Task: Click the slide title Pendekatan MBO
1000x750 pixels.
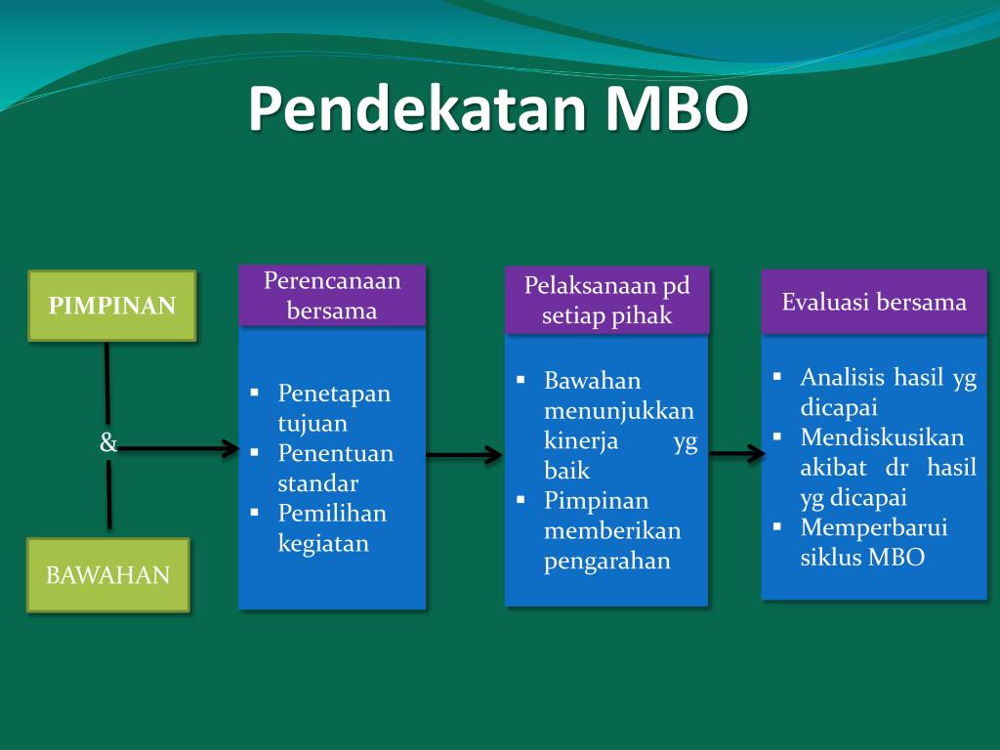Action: [498, 109]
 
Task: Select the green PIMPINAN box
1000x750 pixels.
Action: [112, 306]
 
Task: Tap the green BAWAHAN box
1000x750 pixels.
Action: [107, 574]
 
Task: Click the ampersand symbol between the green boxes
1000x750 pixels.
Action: [107, 443]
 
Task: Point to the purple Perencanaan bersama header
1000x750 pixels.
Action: [332, 295]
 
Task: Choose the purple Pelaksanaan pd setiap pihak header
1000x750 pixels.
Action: [606, 301]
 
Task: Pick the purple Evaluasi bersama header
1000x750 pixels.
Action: [874, 302]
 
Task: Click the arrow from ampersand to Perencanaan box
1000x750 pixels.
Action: [181, 449]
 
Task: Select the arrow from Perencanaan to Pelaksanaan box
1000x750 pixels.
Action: [464, 454]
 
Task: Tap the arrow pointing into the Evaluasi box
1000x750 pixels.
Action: [737, 453]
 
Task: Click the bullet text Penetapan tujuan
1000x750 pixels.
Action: [333, 408]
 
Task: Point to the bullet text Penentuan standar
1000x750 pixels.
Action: [335, 468]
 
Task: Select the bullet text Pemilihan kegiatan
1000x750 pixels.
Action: [331, 527]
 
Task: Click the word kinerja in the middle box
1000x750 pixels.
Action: [581, 440]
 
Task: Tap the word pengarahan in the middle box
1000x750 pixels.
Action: [606, 561]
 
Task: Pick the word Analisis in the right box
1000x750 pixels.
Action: [842, 378]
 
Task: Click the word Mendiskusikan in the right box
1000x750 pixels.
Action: [882, 437]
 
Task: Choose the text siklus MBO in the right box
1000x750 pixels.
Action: [861, 558]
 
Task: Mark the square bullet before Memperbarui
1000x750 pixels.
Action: [778, 526]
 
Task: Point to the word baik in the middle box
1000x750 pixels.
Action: [566, 471]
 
